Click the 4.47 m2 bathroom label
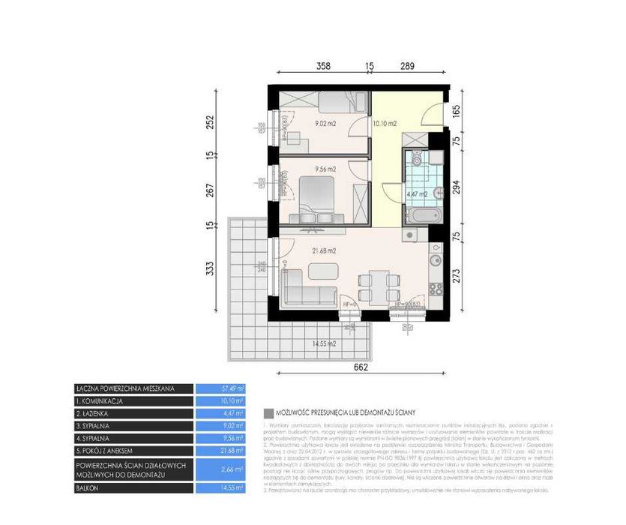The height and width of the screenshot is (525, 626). (416, 194)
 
